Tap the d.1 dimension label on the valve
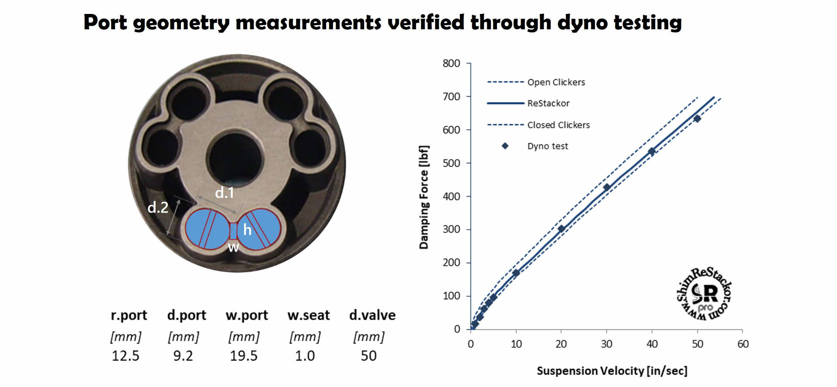[225, 192]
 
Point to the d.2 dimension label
[158, 207]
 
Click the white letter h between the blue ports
[247, 229]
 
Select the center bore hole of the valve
[235, 157]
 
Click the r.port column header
[129, 315]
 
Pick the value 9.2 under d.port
[183, 356]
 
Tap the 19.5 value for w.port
[244, 356]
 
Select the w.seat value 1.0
[305, 356]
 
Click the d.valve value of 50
[368, 356]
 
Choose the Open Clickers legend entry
[556, 82]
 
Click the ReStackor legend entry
[548, 103]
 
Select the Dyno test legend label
[548, 146]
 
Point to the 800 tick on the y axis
[451, 64]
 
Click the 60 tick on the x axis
[743, 344]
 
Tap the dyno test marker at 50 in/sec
[697, 119]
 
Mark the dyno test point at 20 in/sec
[561, 228]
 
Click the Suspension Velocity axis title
[612, 371]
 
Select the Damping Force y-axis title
[424, 197]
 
